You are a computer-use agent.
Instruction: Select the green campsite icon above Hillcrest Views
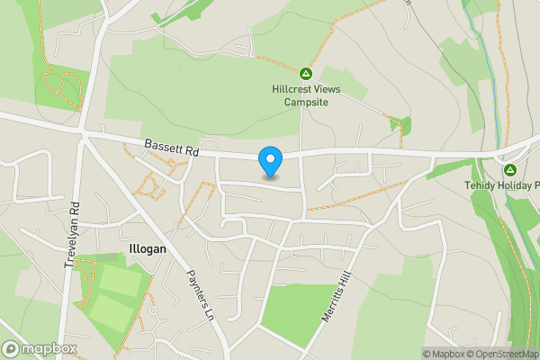click(305, 74)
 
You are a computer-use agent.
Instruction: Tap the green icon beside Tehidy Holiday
click(510, 169)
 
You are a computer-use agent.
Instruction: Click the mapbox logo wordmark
click(49, 348)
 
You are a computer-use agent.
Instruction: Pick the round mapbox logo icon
click(12, 348)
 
